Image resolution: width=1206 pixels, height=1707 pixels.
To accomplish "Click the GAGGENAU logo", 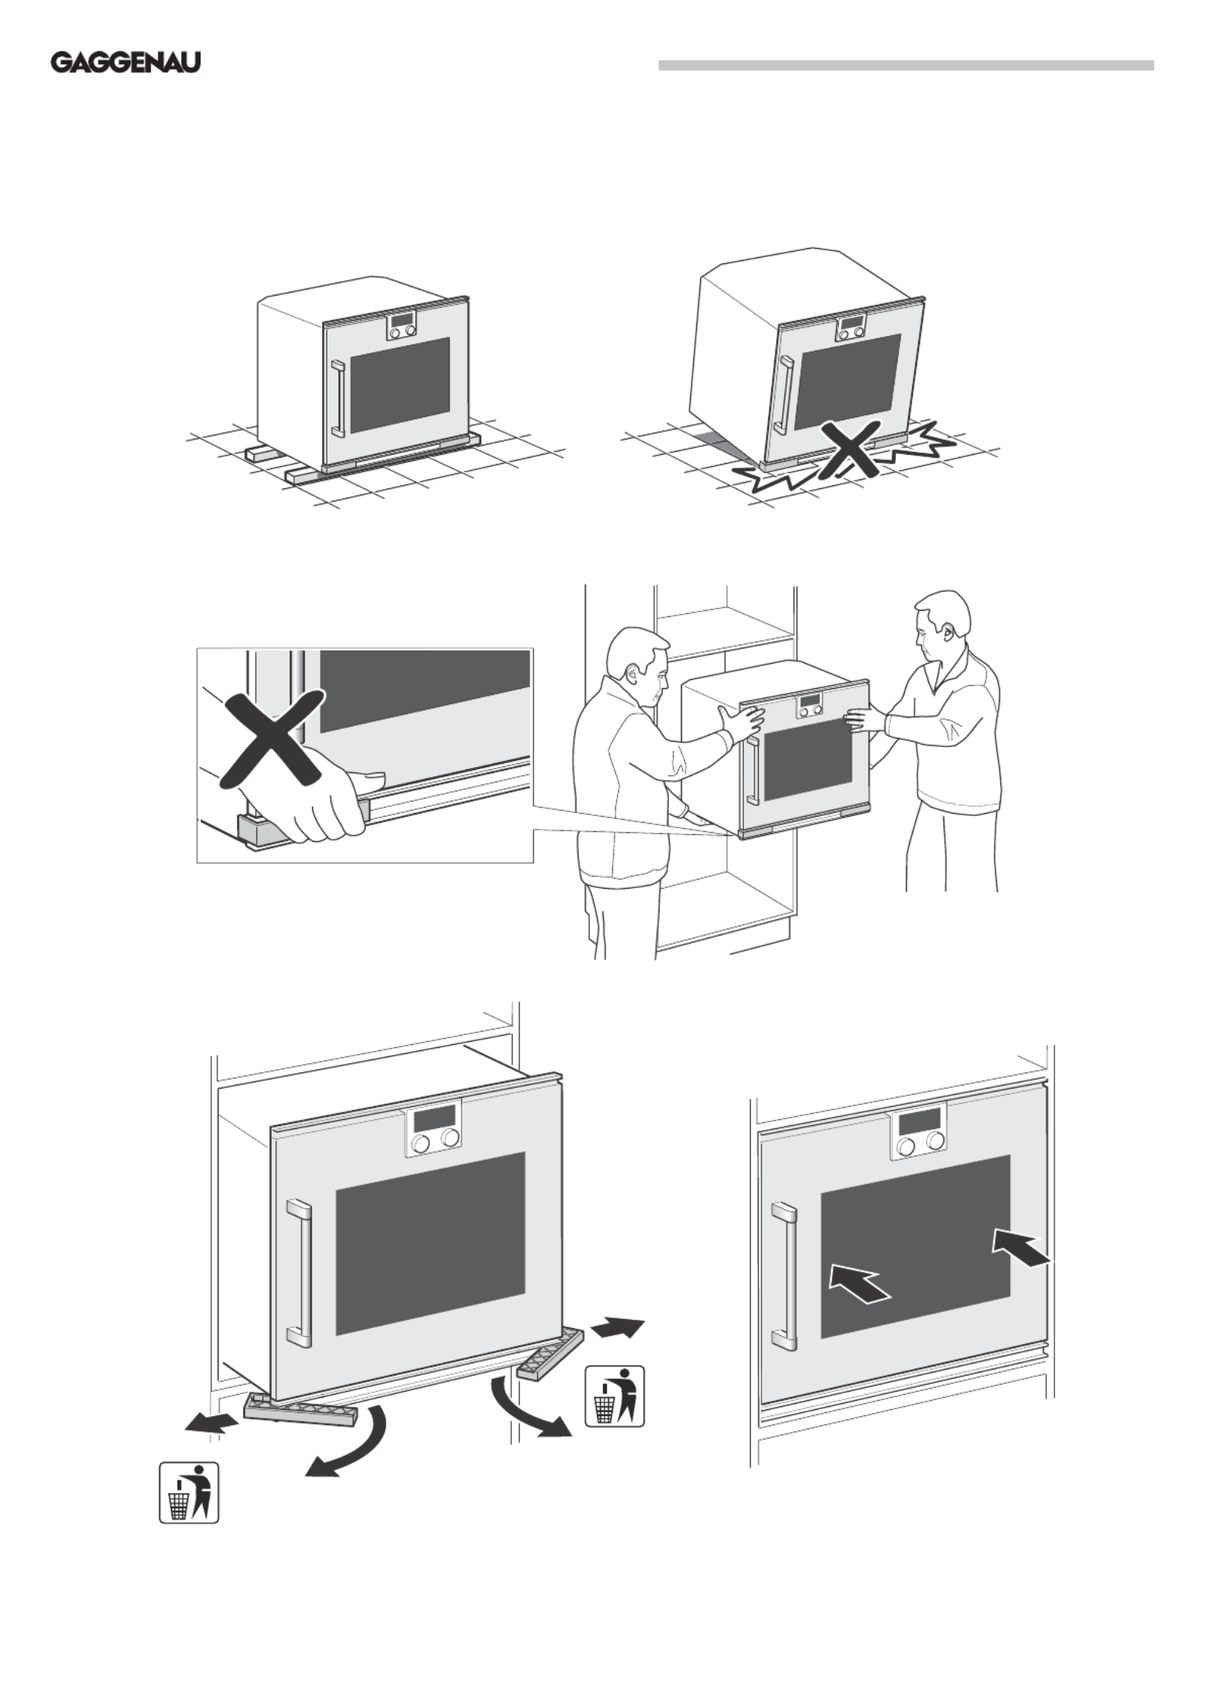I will [x=125, y=63].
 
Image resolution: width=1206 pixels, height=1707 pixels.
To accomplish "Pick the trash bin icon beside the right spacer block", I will [x=614, y=1397].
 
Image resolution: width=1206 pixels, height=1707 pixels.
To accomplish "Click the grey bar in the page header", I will [x=905, y=66].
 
